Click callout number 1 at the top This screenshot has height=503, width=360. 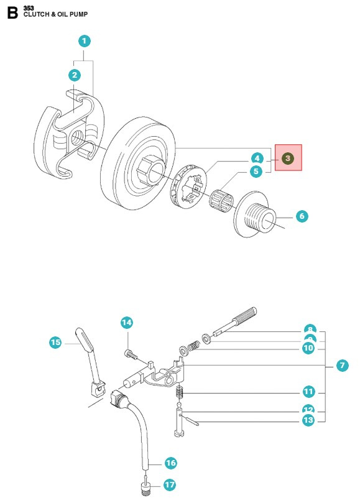pyautogui.click(x=85, y=42)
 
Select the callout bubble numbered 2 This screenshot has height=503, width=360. pyautogui.click(x=75, y=75)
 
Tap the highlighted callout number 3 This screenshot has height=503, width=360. pyautogui.click(x=288, y=159)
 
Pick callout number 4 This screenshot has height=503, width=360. pyautogui.click(x=256, y=158)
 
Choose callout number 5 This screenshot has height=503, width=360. pyautogui.click(x=256, y=171)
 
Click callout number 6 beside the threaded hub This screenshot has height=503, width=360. pyautogui.click(x=302, y=216)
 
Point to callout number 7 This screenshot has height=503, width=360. pyautogui.click(x=341, y=366)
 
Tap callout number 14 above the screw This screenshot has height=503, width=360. pyautogui.click(x=127, y=322)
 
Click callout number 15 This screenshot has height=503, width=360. pyautogui.click(x=55, y=342)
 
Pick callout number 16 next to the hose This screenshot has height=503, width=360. pyautogui.click(x=170, y=463)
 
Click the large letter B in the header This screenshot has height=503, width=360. pyautogui.click(x=12, y=13)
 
